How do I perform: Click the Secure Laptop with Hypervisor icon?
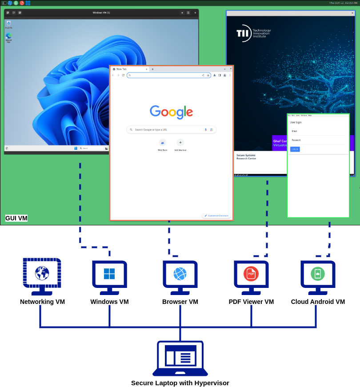[x=180, y=358]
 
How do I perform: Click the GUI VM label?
[x=16, y=218]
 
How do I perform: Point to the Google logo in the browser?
[x=171, y=112]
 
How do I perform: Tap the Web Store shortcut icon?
[x=162, y=143]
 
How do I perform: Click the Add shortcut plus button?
[x=180, y=143]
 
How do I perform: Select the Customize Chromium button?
[x=216, y=215]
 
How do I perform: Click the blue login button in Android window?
[x=295, y=149]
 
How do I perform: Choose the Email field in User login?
[x=318, y=131]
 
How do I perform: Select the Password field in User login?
[x=318, y=140]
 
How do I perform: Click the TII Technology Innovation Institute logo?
[x=253, y=33]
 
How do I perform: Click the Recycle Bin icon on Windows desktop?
[x=8, y=23]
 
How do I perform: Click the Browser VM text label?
[x=180, y=302]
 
